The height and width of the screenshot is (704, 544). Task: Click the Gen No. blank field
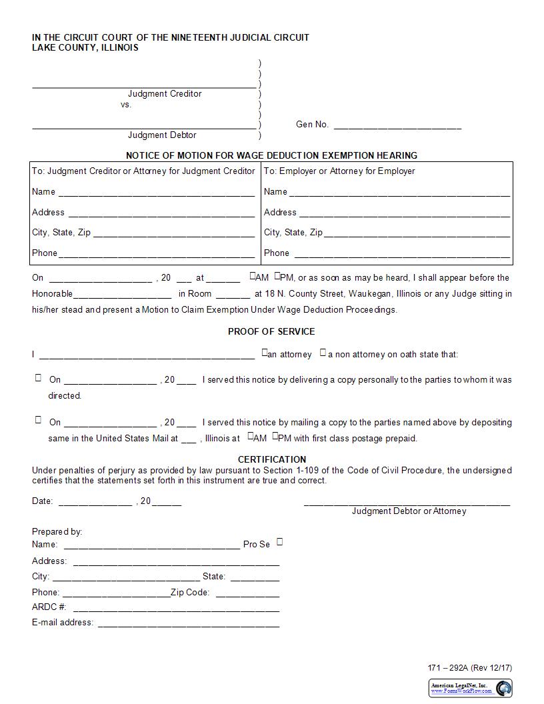point(397,125)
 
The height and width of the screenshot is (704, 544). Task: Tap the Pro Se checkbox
point(280,542)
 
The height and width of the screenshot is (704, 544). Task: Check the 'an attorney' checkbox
point(265,353)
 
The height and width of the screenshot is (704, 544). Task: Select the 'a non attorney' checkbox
point(323,353)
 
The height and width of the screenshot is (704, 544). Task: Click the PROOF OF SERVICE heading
point(271,331)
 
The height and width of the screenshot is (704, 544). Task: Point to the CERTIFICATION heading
point(272,459)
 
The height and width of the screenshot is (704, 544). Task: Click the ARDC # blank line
point(176,609)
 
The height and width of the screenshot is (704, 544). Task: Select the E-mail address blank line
point(189,624)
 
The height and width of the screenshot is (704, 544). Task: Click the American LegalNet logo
point(471,688)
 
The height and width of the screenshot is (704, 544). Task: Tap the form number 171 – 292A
point(449,668)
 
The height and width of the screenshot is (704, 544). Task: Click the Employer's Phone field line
point(402,255)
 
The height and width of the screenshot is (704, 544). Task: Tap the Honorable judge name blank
point(122,295)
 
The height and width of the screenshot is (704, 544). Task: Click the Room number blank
point(233,295)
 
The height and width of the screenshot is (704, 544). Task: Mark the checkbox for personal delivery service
point(38,378)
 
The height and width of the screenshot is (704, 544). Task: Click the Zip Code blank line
point(247,593)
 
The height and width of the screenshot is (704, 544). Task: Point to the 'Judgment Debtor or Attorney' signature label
point(409,511)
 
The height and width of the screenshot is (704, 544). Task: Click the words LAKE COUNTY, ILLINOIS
point(85,48)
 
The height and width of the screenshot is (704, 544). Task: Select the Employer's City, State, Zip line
point(417,234)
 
